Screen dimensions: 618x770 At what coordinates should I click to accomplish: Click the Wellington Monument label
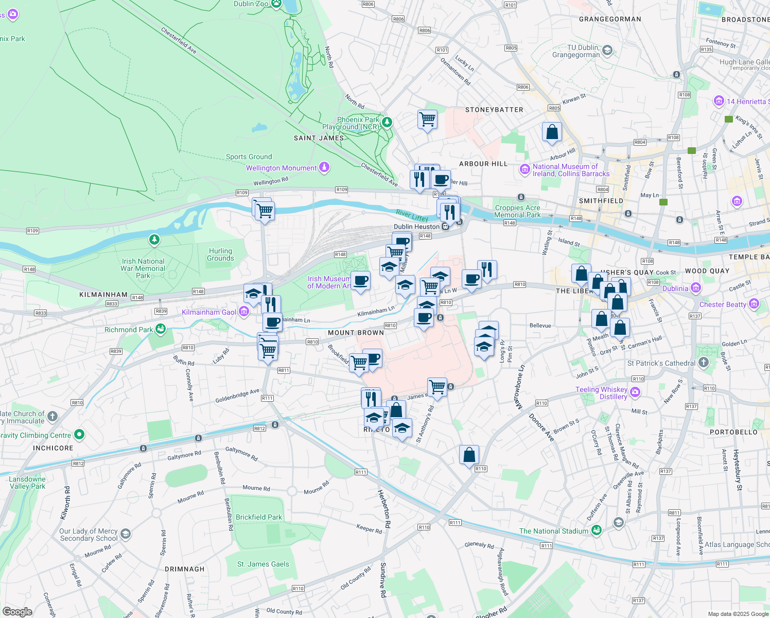coord(281,168)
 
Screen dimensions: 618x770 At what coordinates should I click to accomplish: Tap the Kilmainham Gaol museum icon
coord(244,312)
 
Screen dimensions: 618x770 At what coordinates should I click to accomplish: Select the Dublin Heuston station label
coord(416,227)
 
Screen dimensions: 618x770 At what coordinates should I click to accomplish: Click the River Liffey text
coord(412,215)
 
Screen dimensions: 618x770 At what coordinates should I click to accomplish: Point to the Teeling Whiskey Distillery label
coord(601,393)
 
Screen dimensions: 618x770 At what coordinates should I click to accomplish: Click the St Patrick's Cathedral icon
coord(704,363)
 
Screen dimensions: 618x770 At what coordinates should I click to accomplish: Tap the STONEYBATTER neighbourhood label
coord(494,110)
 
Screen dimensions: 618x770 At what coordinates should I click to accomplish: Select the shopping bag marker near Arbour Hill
coord(552,132)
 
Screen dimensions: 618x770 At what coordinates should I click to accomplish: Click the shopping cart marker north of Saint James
coord(427,119)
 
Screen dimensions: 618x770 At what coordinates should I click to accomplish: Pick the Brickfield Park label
coord(259,517)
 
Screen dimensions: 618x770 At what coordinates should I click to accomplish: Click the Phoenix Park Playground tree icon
coord(387,123)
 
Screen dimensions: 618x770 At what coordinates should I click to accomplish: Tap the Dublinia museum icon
coord(696,288)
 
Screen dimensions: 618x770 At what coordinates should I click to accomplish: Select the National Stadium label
coord(553,531)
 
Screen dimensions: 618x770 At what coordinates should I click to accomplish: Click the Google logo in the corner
coord(17,612)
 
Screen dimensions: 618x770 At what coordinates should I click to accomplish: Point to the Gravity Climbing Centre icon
coord(79,435)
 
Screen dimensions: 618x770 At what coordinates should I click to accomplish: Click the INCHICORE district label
coord(53,448)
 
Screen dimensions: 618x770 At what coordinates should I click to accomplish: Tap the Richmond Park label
coord(128,330)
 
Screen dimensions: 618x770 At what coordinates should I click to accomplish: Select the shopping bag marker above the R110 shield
coord(469,455)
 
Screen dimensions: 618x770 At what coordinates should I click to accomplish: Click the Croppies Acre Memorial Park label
coord(517,211)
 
